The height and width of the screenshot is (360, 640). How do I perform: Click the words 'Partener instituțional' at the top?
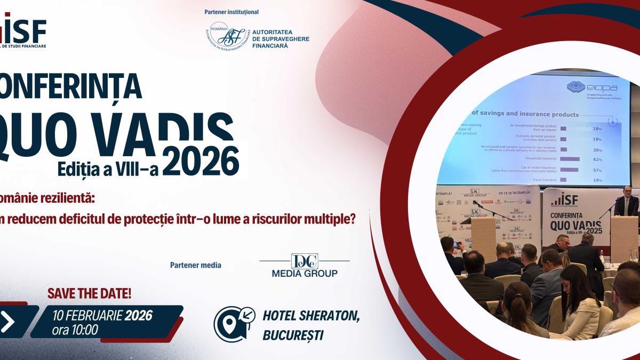pyautogui.click(x=231, y=12)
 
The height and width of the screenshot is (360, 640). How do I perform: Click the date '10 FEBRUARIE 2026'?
pyautogui.click(x=102, y=315)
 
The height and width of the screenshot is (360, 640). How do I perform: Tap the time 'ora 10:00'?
pyautogui.click(x=75, y=330)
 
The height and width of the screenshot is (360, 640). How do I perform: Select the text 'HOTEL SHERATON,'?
pyautogui.click(x=311, y=316)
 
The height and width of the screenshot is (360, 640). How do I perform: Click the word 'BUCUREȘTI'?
pyautogui.click(x=293, y=335)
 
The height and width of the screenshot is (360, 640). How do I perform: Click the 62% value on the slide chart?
pyautogui.click(x=597, y=159)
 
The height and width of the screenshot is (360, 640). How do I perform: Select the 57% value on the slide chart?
pyautogui.click(x=597, y=171)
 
